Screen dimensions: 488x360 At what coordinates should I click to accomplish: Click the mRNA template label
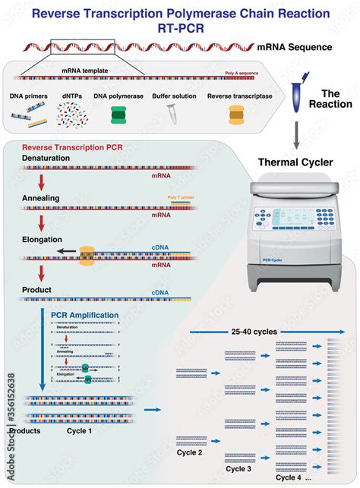(84, 68)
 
